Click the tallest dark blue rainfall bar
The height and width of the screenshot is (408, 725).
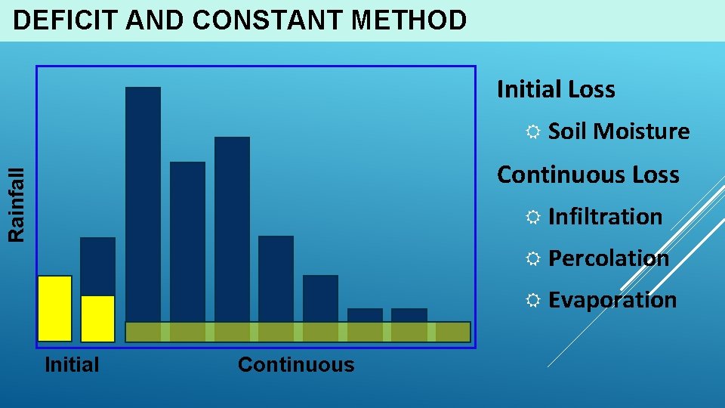(143, 204)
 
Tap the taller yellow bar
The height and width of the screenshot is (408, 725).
(55, 308)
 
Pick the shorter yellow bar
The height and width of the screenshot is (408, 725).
(97, 318)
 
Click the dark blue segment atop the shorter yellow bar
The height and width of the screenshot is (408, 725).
(97, 266)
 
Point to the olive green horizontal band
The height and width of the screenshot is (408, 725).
(298, 332)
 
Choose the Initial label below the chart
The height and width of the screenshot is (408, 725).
(72, 365)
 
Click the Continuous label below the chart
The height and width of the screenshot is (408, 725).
(295, 365)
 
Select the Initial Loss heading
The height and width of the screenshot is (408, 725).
(556, 90)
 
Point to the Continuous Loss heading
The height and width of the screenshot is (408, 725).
(588, 175)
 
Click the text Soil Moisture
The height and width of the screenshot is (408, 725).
(619, 131)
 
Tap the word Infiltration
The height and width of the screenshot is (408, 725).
(605, 217)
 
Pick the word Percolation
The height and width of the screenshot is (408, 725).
(608, 258)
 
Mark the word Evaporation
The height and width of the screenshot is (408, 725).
(612, 300)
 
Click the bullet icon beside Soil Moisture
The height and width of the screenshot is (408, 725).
(532, 132)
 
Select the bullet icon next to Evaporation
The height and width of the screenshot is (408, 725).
(532, 301)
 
